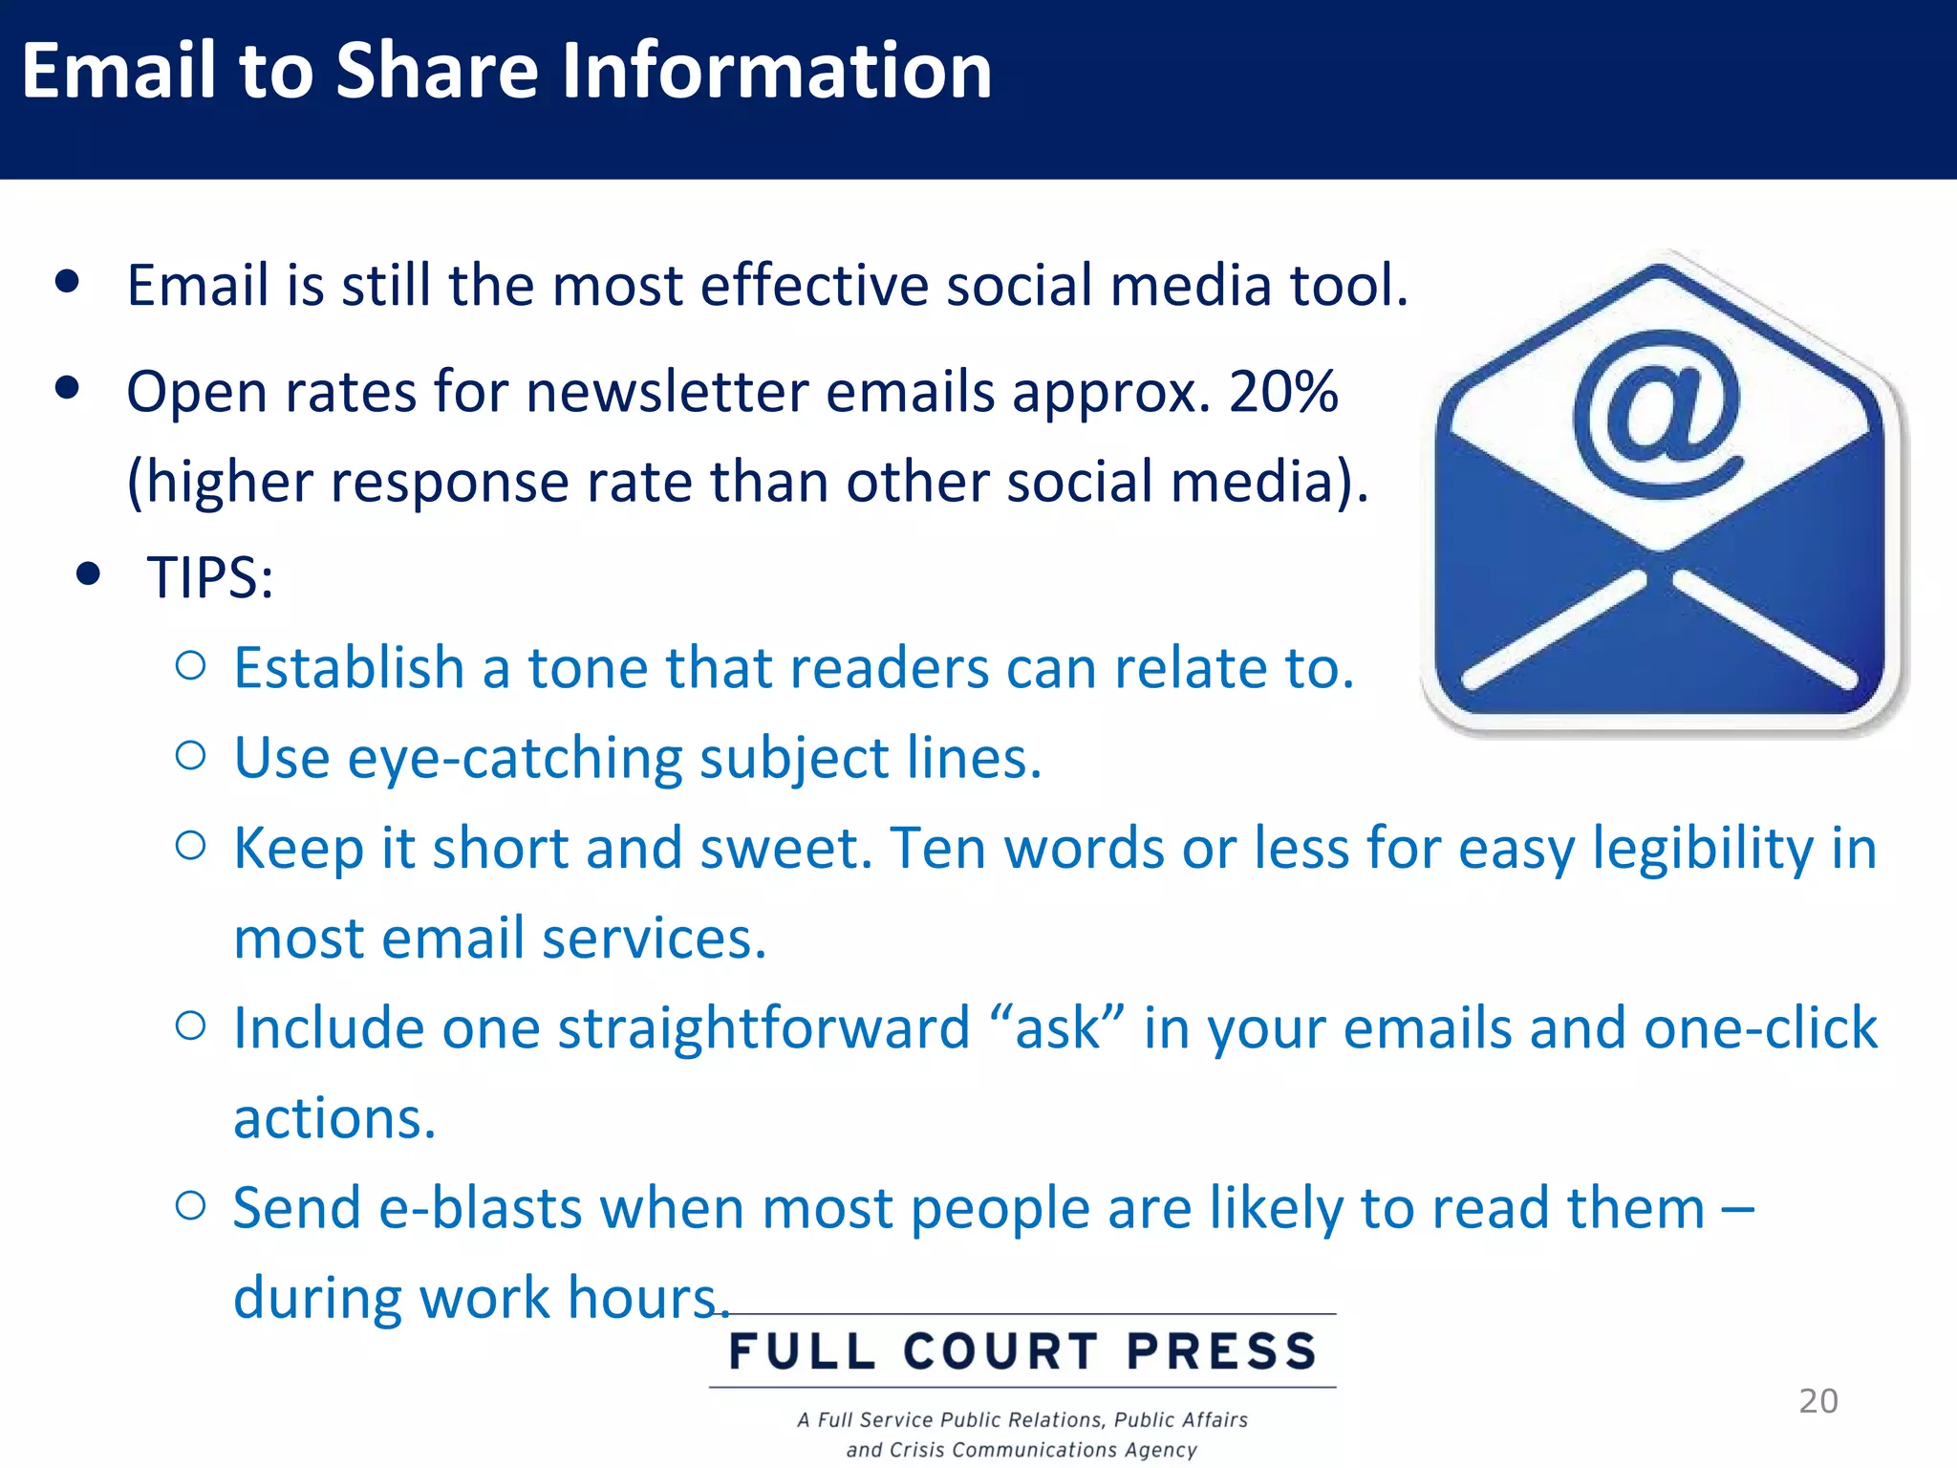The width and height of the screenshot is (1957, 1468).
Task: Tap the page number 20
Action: (x=1817, y=1401)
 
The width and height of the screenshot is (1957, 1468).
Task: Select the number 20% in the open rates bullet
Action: (x=1282, y=392)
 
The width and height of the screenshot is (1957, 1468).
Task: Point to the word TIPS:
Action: (x=210, y=577)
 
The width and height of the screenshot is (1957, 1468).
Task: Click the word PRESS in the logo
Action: (x=1222, y=1351)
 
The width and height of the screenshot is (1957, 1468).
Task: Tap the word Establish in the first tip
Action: (x=349, y=667)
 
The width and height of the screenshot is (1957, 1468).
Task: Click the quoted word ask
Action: (x=1057, y=1028)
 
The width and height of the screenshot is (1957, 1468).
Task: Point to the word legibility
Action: (x=1703, y=849)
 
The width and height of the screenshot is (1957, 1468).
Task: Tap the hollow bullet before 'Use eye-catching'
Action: (x=191, y=756)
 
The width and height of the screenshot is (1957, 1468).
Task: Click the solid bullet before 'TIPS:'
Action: (x=89, y=573)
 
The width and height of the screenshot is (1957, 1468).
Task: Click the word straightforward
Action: (x=763, y=1028)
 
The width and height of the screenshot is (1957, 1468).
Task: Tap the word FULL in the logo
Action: (x=802, y=1351)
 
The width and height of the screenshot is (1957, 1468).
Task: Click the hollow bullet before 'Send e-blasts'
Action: (x=191, y=1206)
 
